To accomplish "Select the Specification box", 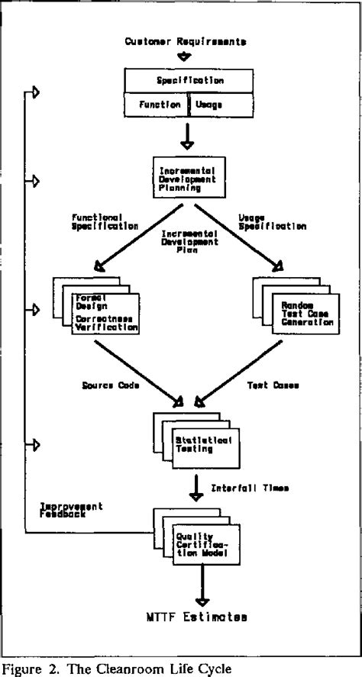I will point(185,79).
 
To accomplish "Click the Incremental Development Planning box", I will point(186,177).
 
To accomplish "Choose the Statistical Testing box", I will point(205,446).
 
